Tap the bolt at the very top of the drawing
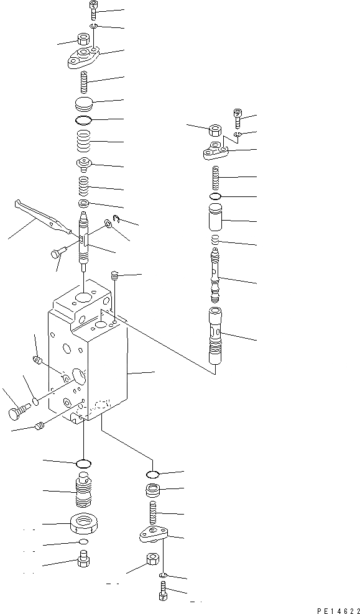93,9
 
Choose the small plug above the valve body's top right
114,275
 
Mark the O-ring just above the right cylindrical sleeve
216,197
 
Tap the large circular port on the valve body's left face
79,375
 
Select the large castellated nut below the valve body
83,524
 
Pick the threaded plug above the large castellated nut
83,491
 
